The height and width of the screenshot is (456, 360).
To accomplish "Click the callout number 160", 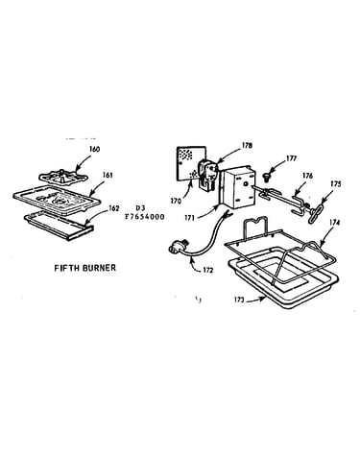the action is coord(94,149).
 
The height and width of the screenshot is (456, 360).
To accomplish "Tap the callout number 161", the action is coord(108,175).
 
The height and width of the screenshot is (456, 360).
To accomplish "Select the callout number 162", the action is coord(114,208).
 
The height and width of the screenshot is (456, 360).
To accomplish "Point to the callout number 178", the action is coord(247,146).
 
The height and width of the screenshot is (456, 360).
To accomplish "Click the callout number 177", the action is coord(291,158).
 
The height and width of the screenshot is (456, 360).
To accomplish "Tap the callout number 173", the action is coord(239,300).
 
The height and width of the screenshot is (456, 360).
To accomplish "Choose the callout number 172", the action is coord(207,270).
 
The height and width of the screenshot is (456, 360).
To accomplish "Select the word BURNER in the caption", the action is coord(99,268).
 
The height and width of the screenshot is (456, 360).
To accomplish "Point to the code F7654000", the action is coord(145,217).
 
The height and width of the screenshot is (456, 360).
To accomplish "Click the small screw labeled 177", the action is coord(266,176).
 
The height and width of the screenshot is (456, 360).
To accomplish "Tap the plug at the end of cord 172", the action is coord(176,247).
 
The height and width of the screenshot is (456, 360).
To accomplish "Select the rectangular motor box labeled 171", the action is coord(238,187).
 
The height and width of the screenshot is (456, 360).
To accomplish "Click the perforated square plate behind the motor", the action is coord(191,164).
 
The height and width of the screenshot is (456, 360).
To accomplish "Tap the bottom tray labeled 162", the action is coord(59,225).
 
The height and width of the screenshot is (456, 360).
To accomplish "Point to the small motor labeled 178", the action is coord(207,175).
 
